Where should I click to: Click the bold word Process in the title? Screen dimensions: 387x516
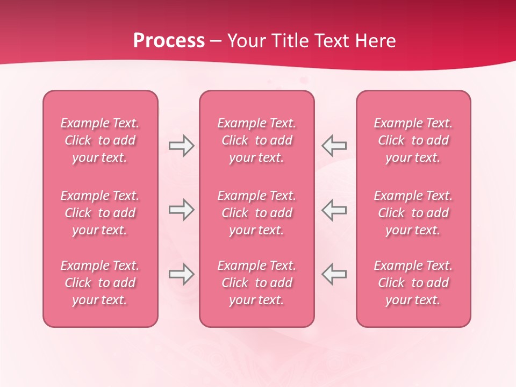pos(169,41)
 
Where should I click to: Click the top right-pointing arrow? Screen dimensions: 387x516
pos(181,146)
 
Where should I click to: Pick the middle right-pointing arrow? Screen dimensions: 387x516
pos(181,210)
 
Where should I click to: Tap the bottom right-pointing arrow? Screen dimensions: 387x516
pos(181,274)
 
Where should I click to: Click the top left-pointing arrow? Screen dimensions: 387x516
pos(334,146)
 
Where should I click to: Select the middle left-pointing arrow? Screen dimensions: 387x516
pos(334,210)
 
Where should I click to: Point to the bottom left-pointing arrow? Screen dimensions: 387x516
pos(334,274)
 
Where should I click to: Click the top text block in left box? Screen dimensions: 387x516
pos(100,140)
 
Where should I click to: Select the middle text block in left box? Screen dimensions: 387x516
pos(100,213)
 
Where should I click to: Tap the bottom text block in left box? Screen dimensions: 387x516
pos(100,283)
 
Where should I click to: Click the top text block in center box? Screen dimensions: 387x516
pos(256,140)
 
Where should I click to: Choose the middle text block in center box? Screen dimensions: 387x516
pos(256,213)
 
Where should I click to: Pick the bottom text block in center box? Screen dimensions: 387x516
pos(256,283)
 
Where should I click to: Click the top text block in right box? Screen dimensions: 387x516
pos(413,140)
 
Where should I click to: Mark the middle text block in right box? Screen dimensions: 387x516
pos(413,213)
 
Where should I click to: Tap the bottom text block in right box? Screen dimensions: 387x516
pos(413,283)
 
